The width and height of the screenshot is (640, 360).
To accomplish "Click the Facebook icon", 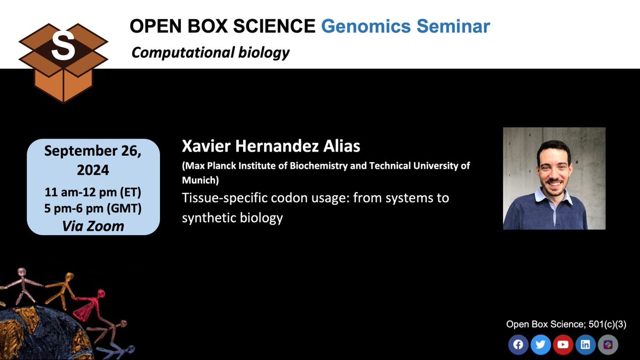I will coord(518,345).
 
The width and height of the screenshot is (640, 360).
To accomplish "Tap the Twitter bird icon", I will coord(540,345).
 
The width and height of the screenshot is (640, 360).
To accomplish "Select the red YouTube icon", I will coord(563,345).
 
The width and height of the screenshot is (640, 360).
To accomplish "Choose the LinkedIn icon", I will coord(585,345).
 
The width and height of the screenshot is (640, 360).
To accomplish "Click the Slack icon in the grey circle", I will coord(607,345).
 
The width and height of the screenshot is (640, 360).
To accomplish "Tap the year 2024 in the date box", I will coord(93,170).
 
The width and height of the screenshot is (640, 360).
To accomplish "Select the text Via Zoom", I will coord(93,226).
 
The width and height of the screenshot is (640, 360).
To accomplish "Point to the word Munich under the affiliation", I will coord(200,180).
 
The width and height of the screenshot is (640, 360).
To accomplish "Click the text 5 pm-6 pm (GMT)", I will coord(93,209).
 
